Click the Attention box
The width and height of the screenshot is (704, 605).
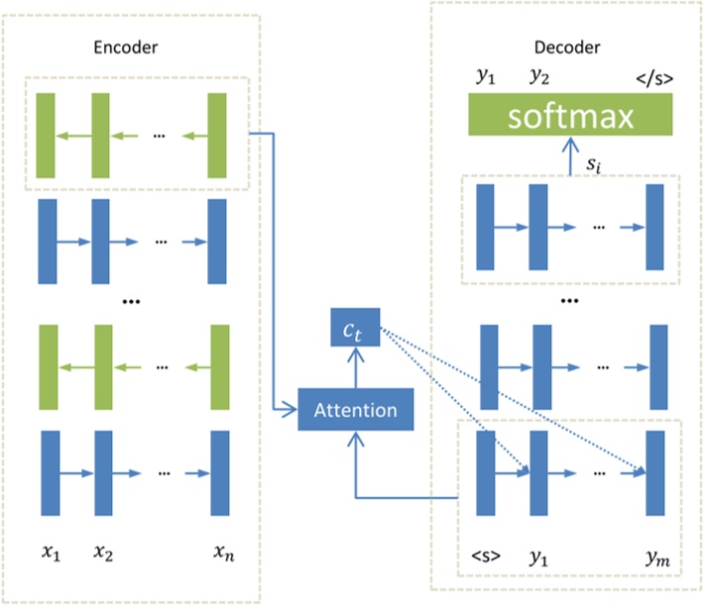(x=354, y=410)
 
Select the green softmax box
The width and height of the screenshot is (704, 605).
(x=570, y=117)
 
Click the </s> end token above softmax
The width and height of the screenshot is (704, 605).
(x=650, y=77)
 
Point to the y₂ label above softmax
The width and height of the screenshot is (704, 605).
(x=539, y=77)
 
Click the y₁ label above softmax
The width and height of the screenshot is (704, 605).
(x=485, y=77)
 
